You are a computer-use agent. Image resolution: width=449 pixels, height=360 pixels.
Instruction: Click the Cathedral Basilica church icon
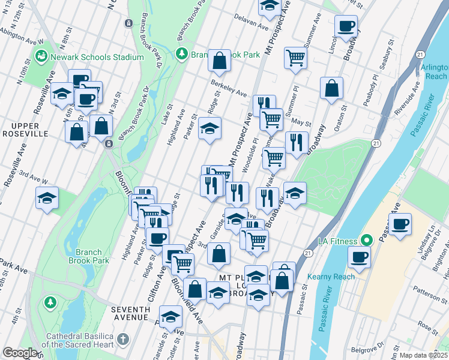point(123,340)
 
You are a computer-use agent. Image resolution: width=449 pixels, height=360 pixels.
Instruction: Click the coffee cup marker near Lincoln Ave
point(346,26)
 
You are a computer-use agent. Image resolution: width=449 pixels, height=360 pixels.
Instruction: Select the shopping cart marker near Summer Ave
point(295,58)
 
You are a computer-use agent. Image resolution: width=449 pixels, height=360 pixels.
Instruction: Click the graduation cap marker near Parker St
point(209,128)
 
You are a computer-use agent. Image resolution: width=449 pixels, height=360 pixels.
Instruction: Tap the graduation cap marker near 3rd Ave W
point(47,197)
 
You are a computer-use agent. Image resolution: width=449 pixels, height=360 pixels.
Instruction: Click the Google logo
point(20,353)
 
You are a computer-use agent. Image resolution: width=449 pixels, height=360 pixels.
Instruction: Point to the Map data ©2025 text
point(423,355)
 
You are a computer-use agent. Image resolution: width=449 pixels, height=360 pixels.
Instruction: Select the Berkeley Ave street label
point(229,89)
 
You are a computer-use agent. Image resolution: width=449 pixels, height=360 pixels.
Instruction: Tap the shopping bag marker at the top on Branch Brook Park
point(220,59)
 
